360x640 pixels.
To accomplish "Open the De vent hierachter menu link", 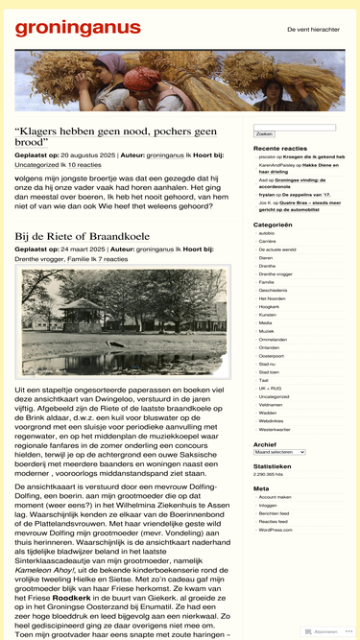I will [x=313, y=30].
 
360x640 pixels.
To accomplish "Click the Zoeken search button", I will [x=264, y=133].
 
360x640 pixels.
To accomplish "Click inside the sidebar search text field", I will [x=294, y=127].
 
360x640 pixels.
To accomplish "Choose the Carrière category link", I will [x=268, y=242].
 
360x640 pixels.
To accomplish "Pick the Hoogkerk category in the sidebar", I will [x=269, y=306].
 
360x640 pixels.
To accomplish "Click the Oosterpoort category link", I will [x=272, y=355].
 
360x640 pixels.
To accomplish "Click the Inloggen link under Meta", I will [x=268, y=505].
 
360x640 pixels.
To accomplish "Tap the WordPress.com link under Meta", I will [x=276, y=529].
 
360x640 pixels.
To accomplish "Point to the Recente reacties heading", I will [x=280, y=149].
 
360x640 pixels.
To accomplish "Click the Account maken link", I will [x=274, y=497].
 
